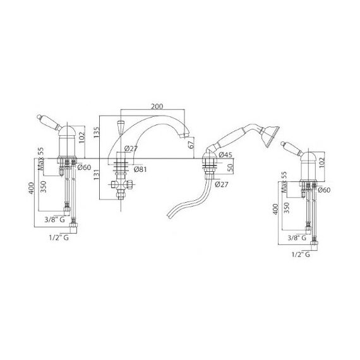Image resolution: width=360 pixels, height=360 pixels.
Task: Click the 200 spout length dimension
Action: [157, 107]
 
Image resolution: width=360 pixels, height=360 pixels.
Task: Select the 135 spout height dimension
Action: [97, 133]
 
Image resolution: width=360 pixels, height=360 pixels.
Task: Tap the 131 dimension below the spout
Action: [97, 174]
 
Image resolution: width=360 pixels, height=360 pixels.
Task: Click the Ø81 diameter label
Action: [140, 169]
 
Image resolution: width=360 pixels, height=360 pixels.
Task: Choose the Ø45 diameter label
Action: [225, 155]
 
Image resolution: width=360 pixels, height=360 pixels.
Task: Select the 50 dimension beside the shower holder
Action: [231, 168]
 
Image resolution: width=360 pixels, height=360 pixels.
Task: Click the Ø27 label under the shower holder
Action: [222, 184]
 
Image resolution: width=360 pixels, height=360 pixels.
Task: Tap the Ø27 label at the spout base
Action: [131, 149]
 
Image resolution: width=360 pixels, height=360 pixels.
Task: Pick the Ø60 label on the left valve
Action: [84, 167]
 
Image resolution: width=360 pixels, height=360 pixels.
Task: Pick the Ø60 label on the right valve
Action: [324, 190]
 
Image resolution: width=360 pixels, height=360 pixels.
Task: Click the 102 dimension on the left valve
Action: [82, 137]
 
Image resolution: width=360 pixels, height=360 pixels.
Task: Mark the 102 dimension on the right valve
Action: [322, 162]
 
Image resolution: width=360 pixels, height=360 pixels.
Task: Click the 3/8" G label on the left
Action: [55, 220]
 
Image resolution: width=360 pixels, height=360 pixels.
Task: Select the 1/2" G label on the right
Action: [301, 255]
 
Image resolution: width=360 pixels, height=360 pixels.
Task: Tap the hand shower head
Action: [270, 136]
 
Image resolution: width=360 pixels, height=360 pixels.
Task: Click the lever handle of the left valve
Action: [49, 122]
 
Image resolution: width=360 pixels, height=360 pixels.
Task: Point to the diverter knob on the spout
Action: [120, 126]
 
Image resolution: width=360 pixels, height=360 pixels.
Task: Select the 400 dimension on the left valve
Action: [32, 188]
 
